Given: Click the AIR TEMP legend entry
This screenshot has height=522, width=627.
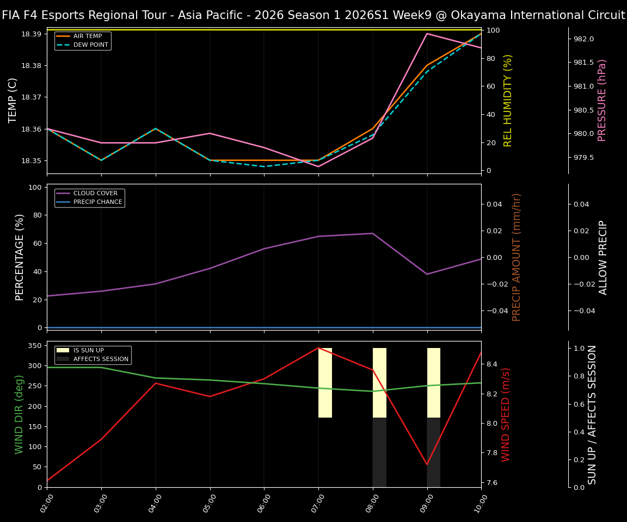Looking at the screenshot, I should point(87,36).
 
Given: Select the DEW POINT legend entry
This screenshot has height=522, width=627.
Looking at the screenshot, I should point(90,45).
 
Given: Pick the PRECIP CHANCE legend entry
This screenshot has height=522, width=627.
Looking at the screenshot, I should point(97,202).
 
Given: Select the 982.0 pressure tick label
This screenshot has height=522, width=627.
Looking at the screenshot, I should point(583,39).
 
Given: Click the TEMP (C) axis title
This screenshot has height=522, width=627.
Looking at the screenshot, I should point(13,100).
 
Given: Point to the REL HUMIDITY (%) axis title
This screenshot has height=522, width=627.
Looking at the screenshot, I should point(508,100).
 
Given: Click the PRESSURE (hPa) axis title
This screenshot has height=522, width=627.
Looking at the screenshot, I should point(602,100).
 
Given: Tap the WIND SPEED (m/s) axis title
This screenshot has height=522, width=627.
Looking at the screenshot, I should point(506,414).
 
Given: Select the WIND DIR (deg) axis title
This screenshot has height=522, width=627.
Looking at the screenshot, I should point(20,414).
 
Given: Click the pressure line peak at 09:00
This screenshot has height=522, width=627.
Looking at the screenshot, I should point(427,34).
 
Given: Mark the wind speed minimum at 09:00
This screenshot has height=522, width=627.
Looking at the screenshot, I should point(427,464).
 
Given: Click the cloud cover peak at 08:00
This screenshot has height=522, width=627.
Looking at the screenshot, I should point(373,233).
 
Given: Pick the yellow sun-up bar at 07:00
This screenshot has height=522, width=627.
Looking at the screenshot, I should point(325,383).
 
